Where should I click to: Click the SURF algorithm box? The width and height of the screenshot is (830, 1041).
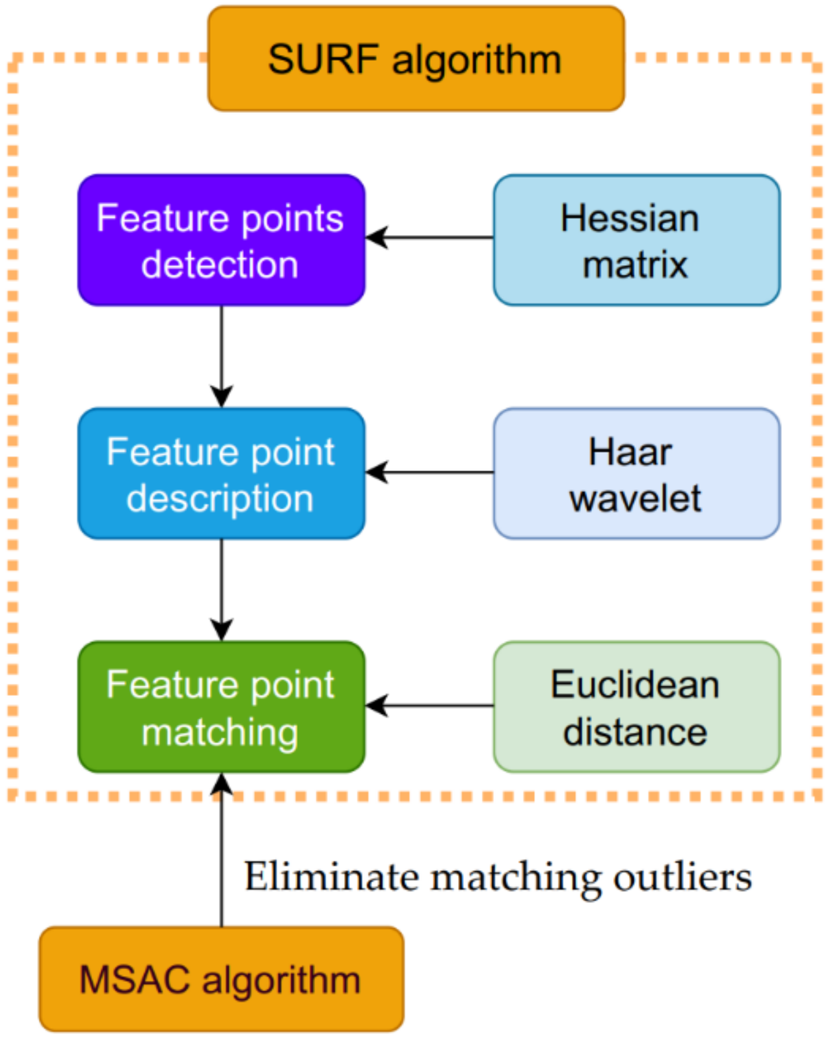(416, 58)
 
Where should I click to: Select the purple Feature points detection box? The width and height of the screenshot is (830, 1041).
(221, 240)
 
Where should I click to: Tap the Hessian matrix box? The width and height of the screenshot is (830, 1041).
(637, 240)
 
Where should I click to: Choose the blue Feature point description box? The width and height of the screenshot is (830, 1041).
(221, 474)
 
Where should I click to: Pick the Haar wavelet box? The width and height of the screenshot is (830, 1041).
(637, 474)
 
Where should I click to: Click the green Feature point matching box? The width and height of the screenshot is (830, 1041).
(221, 706)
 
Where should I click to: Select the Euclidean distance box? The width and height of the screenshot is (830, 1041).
(637, 706)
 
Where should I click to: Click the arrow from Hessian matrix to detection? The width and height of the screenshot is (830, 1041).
(429, 237)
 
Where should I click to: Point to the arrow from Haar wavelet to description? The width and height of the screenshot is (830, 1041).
(429, 472)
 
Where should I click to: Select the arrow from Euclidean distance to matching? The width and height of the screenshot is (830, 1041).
(429, 706)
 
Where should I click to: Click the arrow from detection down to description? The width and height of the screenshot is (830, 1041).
(221, 357)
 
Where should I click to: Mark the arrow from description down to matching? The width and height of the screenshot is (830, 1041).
(221, 590)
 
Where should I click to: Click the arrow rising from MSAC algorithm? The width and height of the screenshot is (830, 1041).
(221, 849)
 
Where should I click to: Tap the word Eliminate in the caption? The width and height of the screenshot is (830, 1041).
(331, 876)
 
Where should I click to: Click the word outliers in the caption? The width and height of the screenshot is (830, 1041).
(683, 876)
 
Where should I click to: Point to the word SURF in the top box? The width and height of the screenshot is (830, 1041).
(323, 59)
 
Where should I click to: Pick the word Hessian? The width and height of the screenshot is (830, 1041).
(630, 218)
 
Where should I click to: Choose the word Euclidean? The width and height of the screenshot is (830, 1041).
(635, 684)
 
